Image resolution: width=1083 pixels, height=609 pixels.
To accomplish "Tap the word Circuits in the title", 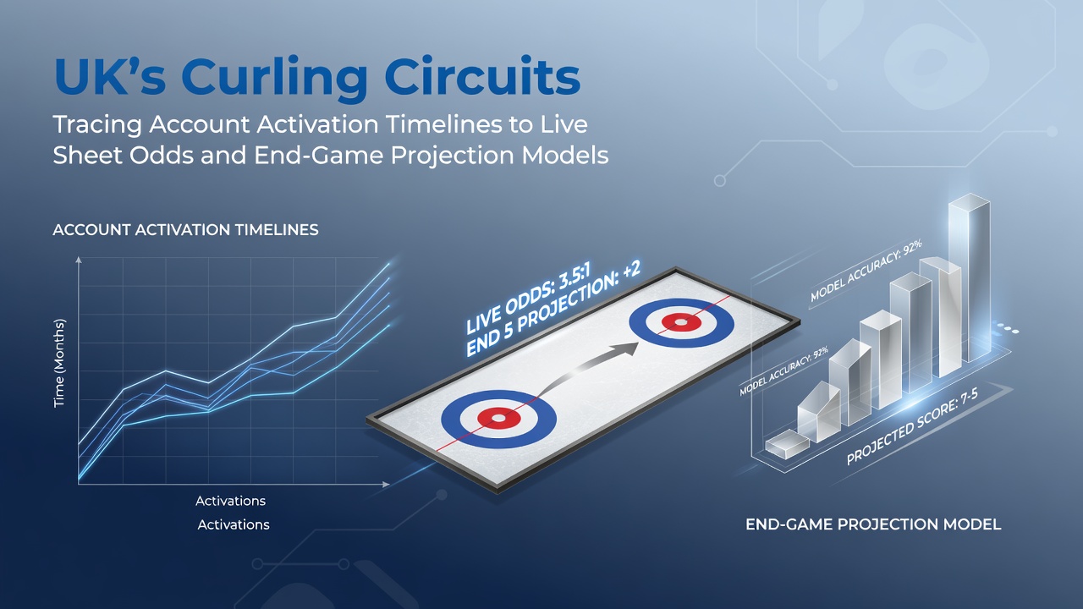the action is coord(482,76).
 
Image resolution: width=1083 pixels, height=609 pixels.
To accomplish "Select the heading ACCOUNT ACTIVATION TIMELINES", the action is coord(185,229).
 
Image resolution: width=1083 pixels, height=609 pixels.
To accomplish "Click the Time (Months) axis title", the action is coord(59,363).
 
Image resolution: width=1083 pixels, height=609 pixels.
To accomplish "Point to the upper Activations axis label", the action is coord(231,501).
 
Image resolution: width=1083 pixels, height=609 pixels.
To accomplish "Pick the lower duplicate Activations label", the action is coord(234,524).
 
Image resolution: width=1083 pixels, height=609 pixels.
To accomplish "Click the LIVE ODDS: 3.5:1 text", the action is coord(529,299).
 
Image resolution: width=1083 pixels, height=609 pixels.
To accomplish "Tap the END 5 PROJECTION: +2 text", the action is coord(553,309).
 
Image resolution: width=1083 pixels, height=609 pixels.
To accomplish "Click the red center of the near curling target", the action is coord(499,418).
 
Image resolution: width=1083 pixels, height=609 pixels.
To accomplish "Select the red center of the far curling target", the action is coord(681,322).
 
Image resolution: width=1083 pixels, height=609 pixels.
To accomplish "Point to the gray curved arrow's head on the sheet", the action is coord(627,347).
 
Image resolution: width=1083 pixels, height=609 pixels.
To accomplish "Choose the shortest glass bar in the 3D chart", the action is coord(787,444).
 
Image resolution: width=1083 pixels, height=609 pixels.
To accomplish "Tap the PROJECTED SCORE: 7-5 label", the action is coord(912,427).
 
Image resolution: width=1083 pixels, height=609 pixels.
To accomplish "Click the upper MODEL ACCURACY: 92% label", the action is coord(866,271).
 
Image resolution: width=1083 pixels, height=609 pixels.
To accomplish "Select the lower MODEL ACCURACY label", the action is coord(784,370).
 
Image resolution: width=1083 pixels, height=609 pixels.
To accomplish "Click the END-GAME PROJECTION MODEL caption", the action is coord(873,524).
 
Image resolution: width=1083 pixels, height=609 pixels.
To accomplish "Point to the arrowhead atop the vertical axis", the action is coord(79,260).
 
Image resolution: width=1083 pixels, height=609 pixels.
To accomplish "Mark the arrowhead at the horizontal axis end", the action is coord(386,485).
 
